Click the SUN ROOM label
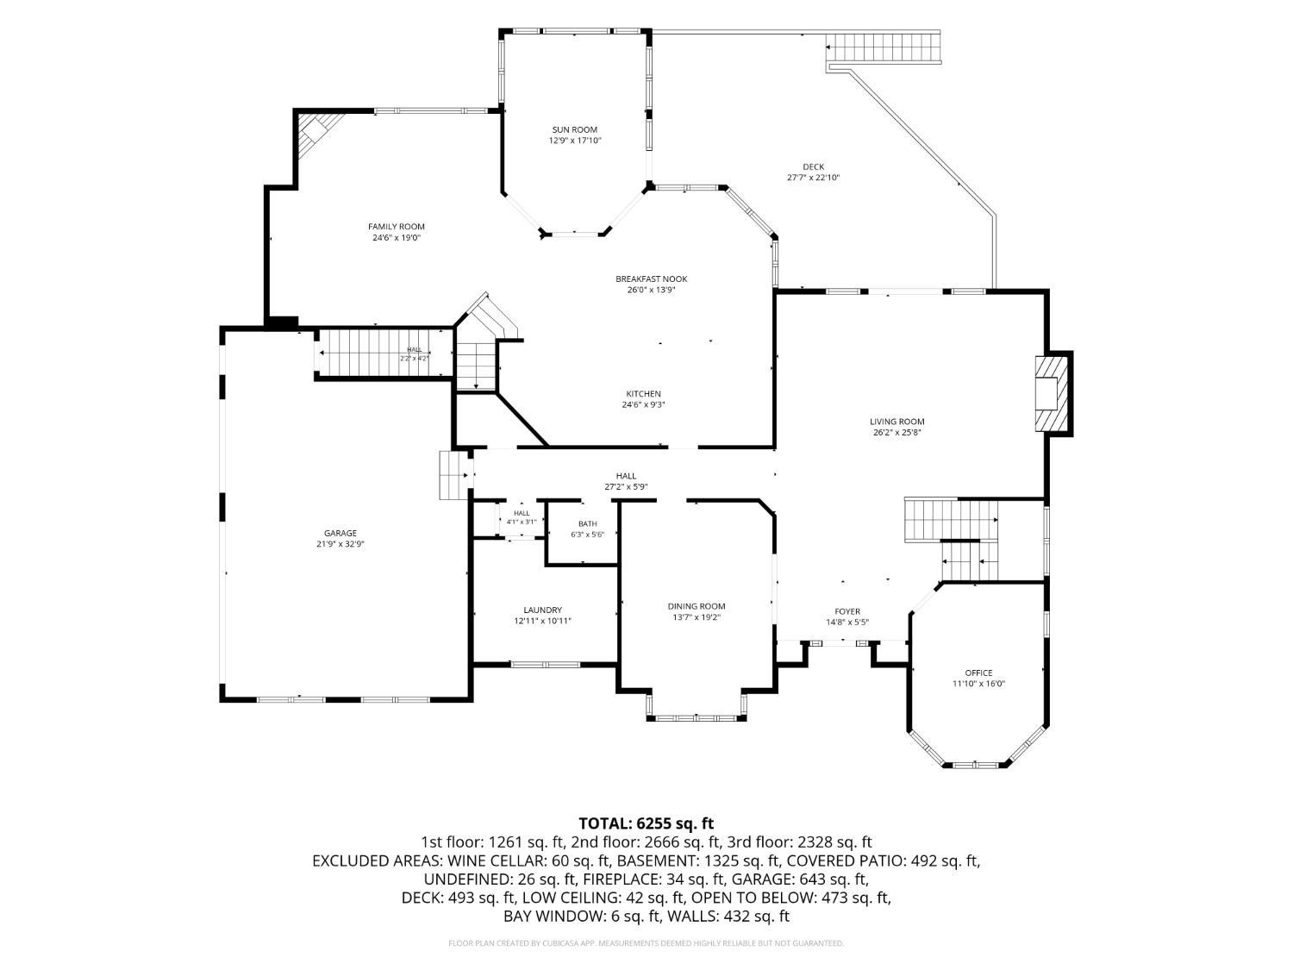574,129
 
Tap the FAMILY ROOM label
397,227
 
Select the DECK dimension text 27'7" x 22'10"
813,178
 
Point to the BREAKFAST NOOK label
651,279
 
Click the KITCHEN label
643,394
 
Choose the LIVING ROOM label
896,422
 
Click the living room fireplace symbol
1053,393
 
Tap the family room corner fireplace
318,135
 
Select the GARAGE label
340,534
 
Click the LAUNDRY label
542,610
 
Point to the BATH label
587,523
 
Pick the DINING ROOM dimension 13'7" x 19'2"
696,617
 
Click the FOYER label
847,611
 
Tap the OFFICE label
978,673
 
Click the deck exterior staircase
883,47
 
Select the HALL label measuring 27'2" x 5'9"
626,476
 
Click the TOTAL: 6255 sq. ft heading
646,823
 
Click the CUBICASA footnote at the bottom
646,943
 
